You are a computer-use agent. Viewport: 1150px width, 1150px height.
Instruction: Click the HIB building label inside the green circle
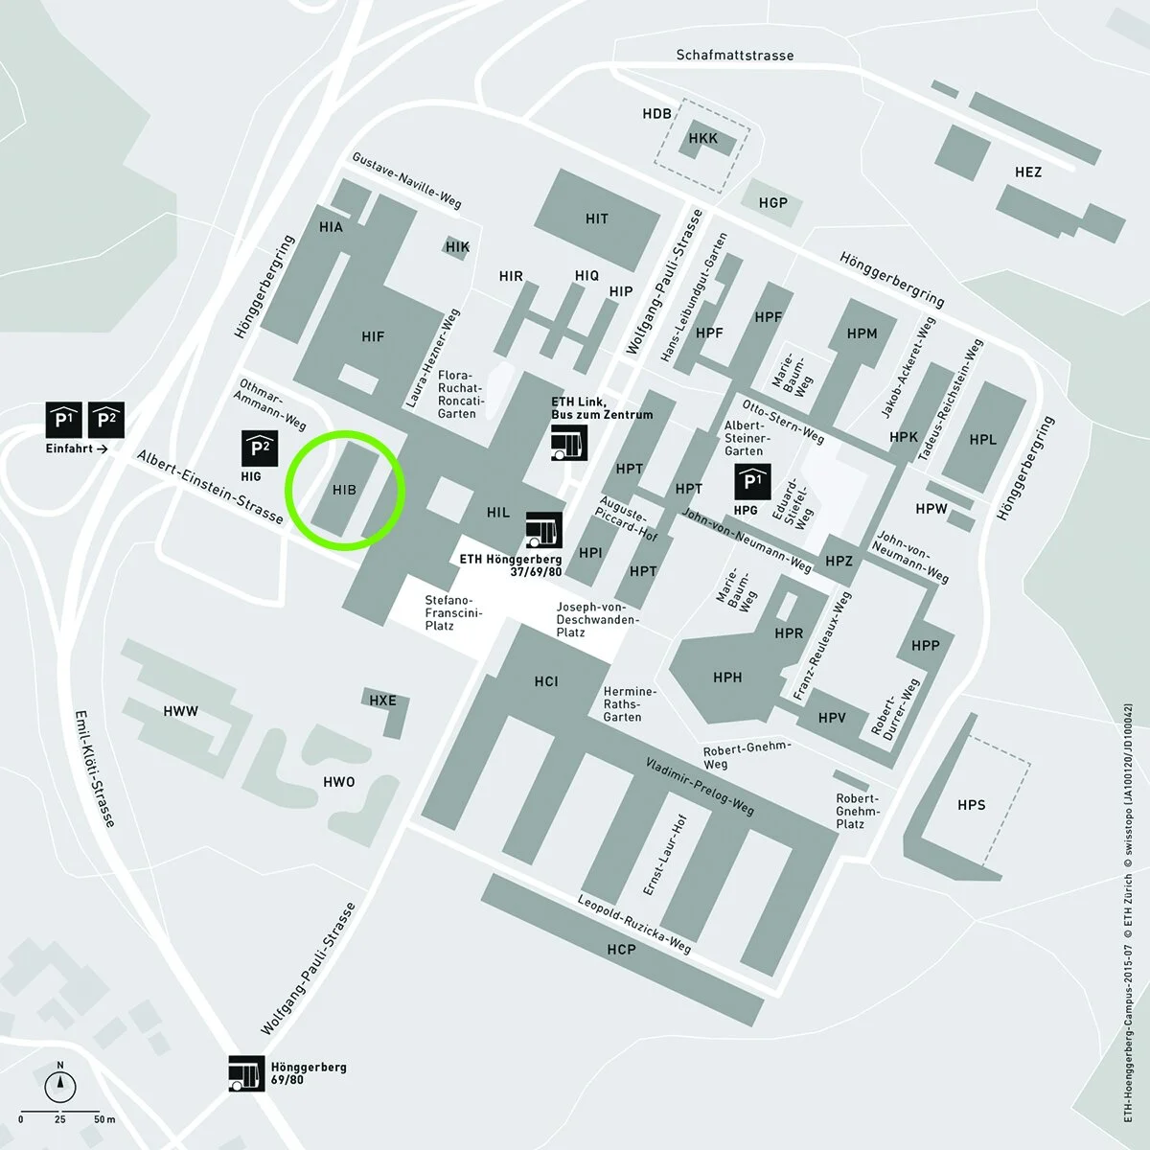click(x=344, y=489)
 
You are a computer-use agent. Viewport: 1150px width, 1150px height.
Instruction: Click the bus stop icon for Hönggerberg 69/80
click(x=245, y=1073)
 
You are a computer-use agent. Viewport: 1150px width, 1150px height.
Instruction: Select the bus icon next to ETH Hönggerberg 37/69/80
click(x=543, y=527)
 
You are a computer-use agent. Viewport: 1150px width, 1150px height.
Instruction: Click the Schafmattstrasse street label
click(x=735, y=56)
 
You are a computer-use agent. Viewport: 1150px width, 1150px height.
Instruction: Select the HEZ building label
click(x=1028, y=172)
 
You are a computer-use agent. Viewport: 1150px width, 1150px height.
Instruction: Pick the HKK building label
click(x=703, y=140)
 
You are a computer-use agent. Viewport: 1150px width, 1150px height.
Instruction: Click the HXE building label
click(x=382, y=701)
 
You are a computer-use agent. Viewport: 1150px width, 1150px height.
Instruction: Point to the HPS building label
click(x=972, y=805)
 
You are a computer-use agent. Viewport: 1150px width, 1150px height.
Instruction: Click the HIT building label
click(x=596, y=218)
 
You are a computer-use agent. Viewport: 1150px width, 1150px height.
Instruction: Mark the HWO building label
click(x=339, y=782)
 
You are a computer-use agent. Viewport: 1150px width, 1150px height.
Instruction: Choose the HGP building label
click(x=772, y=202)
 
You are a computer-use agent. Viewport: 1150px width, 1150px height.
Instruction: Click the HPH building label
click(x=727, y=678)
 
